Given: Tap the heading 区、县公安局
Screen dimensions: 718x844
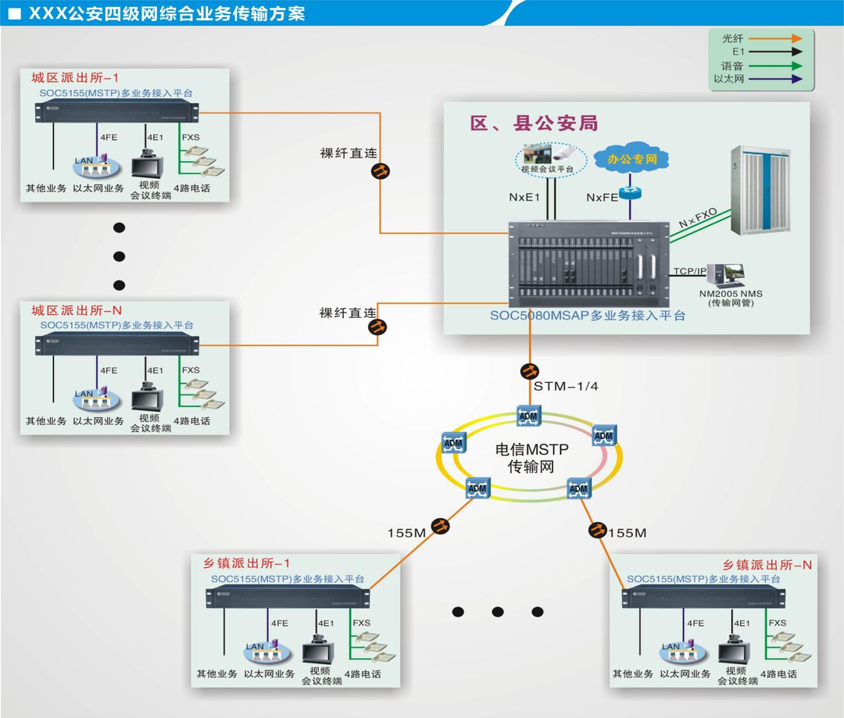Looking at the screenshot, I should point(534,123).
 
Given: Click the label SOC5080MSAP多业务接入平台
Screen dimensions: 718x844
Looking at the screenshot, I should point(587,316).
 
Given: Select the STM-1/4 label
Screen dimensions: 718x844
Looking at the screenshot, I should point(566,386).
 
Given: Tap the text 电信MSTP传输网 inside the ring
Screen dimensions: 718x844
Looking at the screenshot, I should point(531,459).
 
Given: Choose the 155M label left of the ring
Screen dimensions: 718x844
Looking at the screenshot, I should point(406,533).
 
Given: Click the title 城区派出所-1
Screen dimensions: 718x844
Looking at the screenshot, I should point(75,78).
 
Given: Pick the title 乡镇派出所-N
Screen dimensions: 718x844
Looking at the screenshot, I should point(766,565).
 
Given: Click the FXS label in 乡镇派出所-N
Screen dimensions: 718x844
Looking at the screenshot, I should point(777,623).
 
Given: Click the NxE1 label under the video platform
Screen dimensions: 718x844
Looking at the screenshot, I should point(524,198).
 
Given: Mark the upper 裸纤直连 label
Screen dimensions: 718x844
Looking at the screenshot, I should point(348,153).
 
